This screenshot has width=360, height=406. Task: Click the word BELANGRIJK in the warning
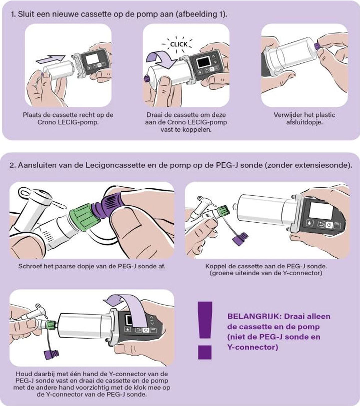click(254, 316)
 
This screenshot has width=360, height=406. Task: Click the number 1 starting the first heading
click(13, 14)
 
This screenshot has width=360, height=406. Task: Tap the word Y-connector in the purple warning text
click(253, 347)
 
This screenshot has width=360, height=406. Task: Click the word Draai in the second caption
click(154, 115)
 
